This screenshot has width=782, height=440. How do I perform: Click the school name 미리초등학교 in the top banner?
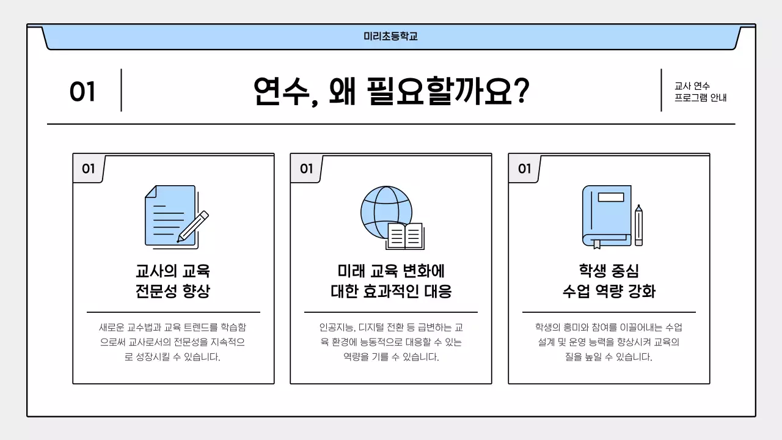coord(390,37)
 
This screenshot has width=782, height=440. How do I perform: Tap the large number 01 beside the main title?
coord(82,92)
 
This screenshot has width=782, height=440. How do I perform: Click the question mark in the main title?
coord(519,92)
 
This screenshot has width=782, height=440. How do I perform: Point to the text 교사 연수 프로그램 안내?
coord(700,92)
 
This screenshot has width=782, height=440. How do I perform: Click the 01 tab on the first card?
coord(89,169)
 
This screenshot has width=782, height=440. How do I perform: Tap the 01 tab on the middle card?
coord(306,169)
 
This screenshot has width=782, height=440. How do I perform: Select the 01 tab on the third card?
coord(524,169)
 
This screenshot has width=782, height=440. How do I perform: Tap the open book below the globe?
coord(405,236)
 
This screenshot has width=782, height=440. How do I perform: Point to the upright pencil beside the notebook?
coord(638,225)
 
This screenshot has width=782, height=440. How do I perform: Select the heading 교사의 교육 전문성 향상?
coord(173,280)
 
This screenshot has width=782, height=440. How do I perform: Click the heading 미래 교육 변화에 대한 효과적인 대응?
coord(391,280)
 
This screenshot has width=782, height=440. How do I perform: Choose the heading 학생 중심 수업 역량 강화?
coord(608,280)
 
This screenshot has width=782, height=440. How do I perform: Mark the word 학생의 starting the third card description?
coord(547,328)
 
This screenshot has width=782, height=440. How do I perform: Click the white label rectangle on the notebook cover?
coord(611,197)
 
